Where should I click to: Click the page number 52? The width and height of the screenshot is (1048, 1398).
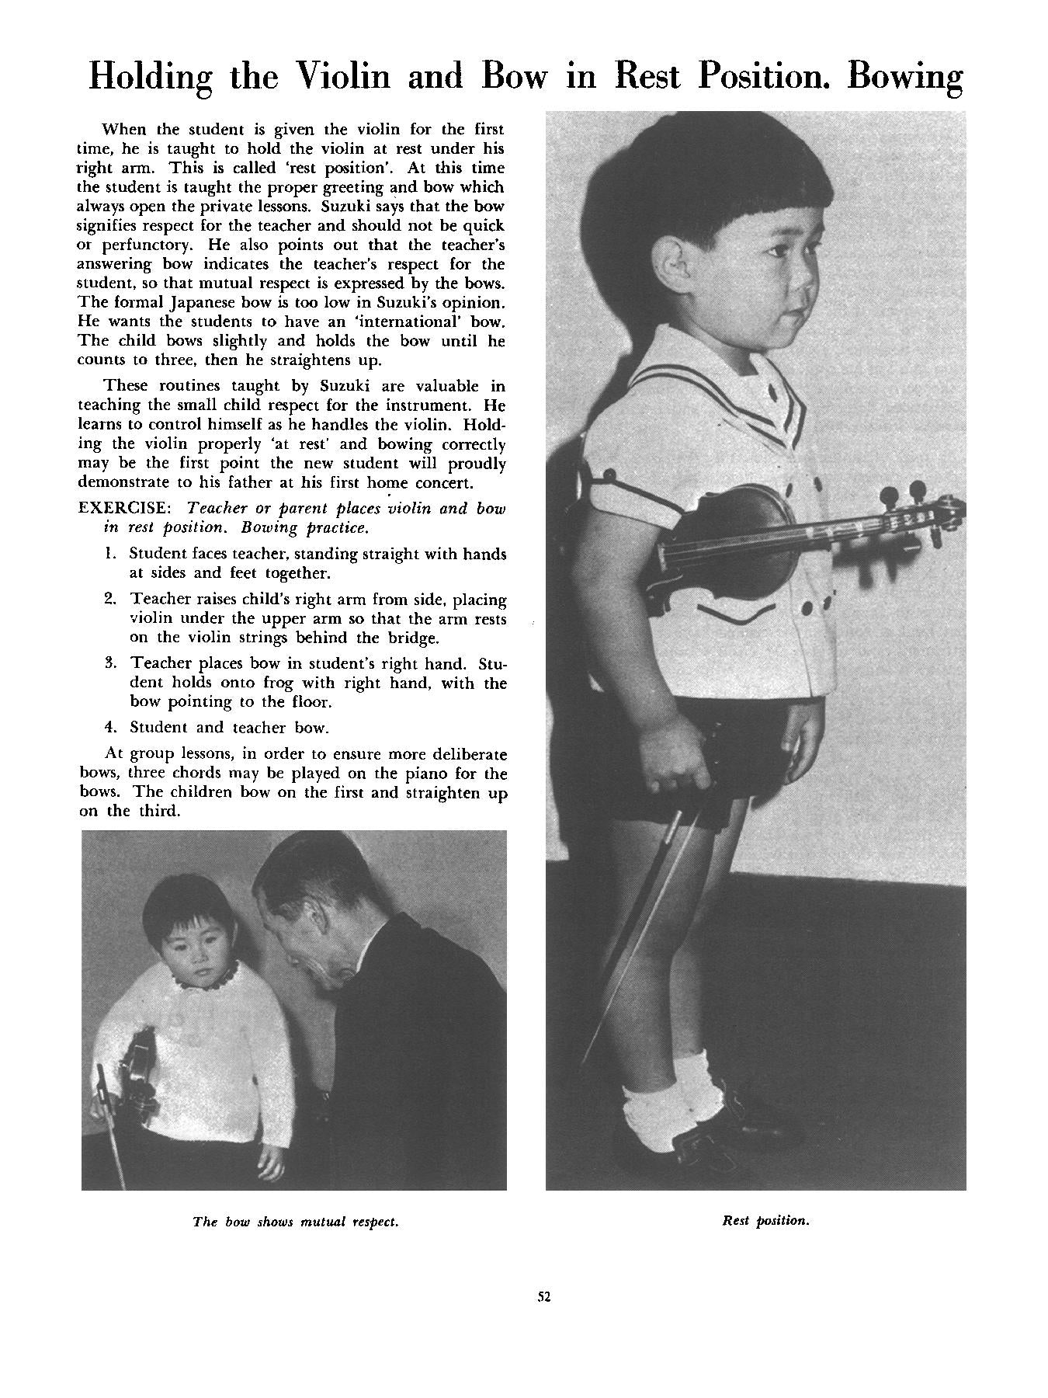(543, 1295)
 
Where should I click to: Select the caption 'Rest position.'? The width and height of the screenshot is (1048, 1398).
(765, 1220)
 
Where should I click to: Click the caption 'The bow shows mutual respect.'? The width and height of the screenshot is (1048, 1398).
(295, 1222)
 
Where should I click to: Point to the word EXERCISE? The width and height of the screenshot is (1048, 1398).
(123, 508)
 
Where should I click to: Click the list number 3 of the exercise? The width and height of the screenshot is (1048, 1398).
(110, 663)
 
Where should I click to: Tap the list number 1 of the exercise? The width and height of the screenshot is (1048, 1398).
(109, 554)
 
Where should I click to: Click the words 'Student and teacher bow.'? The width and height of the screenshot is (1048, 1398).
(229, 728)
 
